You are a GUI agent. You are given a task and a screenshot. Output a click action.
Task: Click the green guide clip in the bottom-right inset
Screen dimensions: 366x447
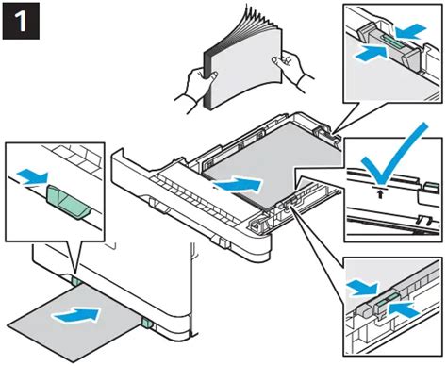click(x=382, y=303)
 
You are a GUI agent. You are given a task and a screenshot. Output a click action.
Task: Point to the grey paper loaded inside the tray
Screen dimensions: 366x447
click(x=273, y=160)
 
